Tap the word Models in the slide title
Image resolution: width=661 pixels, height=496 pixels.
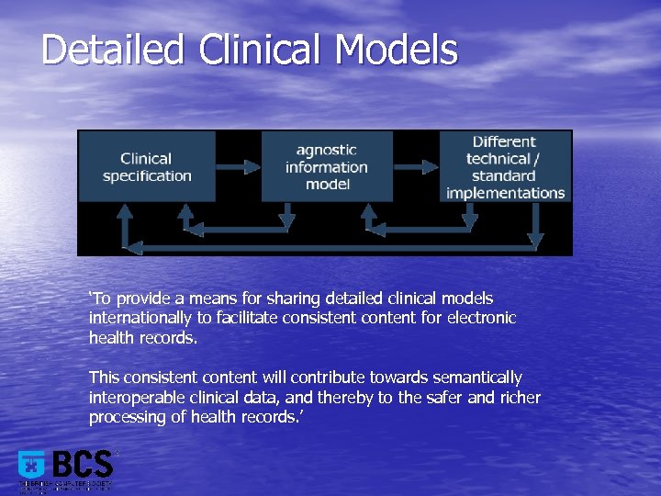397,50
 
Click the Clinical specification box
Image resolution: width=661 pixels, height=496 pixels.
147,166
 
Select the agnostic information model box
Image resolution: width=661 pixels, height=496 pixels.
326,166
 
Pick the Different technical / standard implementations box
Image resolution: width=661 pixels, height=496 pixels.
505,166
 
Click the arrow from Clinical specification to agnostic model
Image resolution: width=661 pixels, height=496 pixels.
238,167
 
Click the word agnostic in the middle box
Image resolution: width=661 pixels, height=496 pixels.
326,150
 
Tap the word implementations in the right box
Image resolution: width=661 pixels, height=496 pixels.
505,193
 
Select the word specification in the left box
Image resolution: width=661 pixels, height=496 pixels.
147,175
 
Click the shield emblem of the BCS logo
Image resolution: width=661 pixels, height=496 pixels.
31,465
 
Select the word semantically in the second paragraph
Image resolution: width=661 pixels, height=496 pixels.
473,378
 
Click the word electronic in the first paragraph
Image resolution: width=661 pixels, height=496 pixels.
483,318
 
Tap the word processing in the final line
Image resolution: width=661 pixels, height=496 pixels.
124,417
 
